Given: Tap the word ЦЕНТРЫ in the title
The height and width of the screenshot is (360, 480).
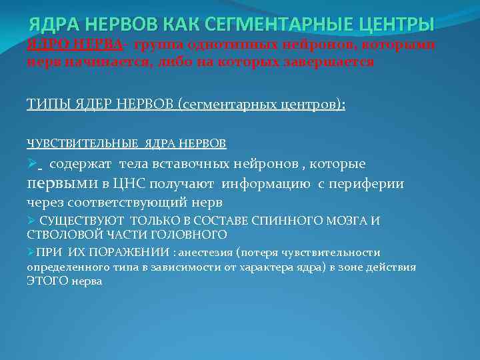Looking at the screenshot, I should tap(397, 25).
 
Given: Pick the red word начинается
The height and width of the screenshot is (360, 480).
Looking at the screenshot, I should tap(101, 62).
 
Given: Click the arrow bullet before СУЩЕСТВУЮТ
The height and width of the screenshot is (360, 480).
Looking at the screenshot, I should tap(31, 221).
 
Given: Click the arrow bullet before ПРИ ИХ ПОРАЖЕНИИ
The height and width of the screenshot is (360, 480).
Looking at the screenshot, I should tap(31, 253).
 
